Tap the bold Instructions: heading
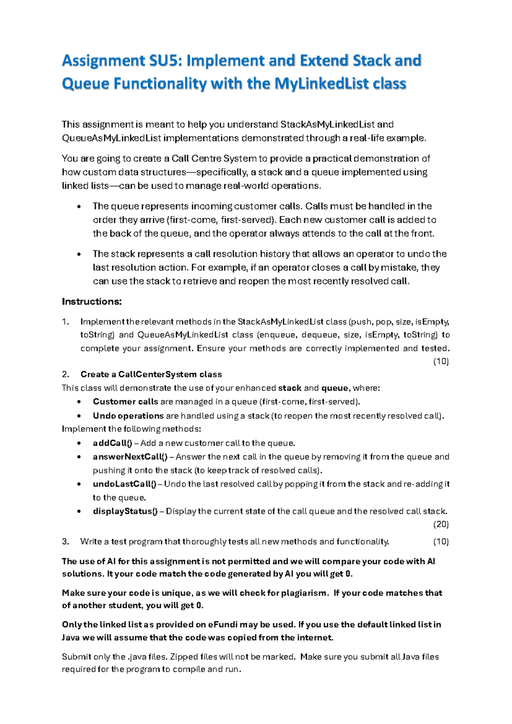point(92,302)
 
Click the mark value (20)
point(441,524)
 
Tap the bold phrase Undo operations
point(128,416)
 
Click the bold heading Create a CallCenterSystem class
point(151,374)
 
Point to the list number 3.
point(65,542)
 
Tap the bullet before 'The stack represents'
point(79,255)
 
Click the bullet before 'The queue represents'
point(79,207)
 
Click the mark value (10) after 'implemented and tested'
point(441,362)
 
